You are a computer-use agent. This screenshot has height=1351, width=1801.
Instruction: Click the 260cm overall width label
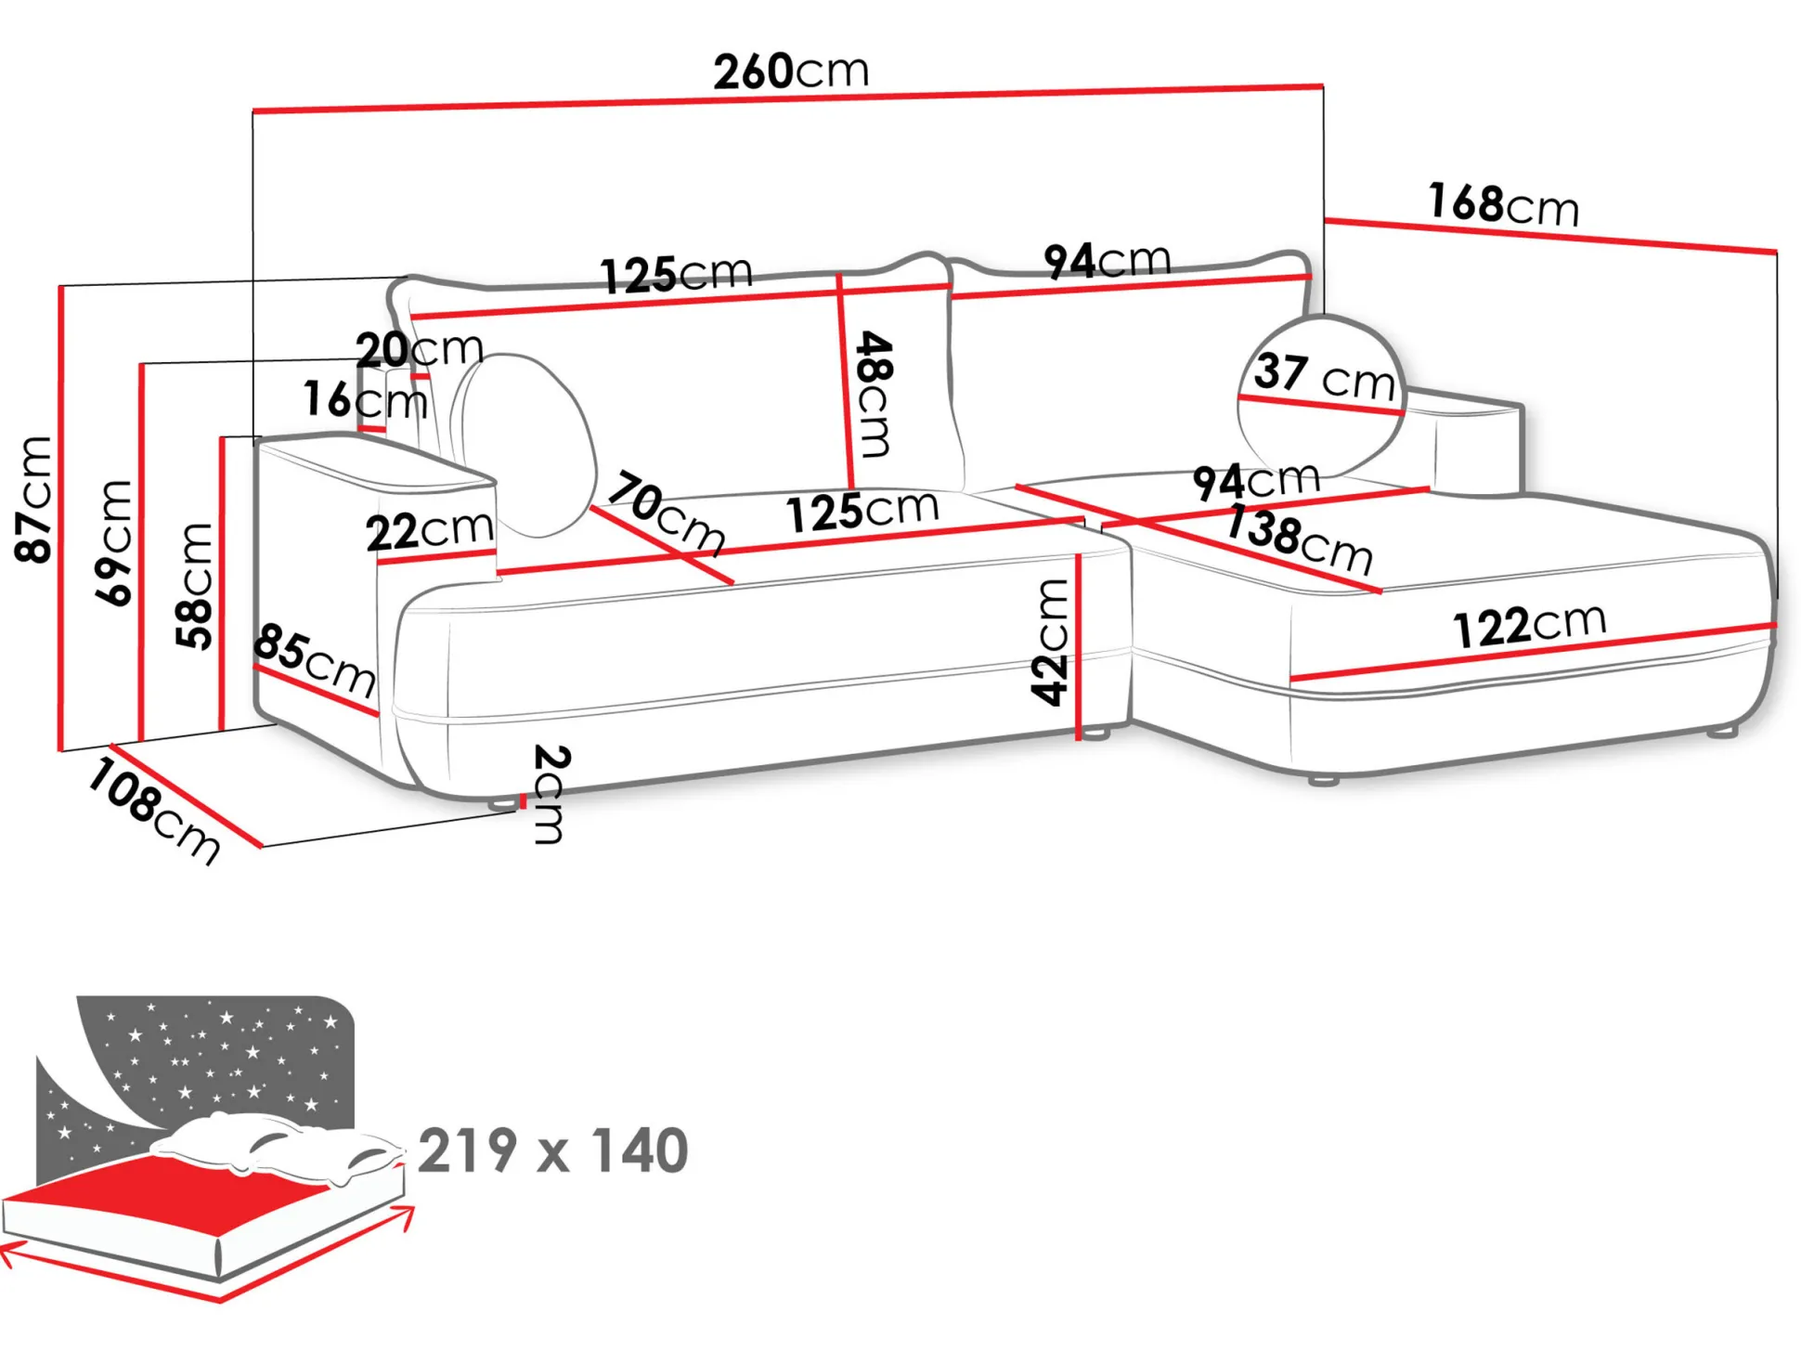[791, 71]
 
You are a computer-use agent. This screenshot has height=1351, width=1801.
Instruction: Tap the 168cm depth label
[1503, 204]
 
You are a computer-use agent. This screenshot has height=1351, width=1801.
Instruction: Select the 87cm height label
[34, 500]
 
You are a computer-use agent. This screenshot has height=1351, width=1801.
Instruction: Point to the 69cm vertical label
[115, 544]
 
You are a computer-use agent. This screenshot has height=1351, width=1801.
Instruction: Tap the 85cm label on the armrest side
[315, 660]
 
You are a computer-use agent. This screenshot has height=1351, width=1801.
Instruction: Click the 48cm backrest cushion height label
[874, 395]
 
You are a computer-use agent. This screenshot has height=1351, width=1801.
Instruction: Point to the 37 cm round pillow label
[1325, 376]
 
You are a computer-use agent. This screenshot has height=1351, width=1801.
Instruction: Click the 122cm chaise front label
[1529, 625]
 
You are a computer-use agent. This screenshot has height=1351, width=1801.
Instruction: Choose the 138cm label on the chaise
[1299, 539]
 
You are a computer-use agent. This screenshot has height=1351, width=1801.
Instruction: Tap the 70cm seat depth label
[667, 513]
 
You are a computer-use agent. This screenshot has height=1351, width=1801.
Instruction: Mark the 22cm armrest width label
[429, 530]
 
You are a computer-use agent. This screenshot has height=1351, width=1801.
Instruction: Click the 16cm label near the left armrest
[365, 399]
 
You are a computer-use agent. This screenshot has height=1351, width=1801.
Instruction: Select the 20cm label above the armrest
[420, 349]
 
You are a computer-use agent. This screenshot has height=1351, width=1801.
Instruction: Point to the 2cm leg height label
[550, 795]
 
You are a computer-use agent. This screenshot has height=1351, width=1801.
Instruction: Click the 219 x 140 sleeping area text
[553, 1151]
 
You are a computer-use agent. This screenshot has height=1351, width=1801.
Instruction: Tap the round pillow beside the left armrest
[527, 446]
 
